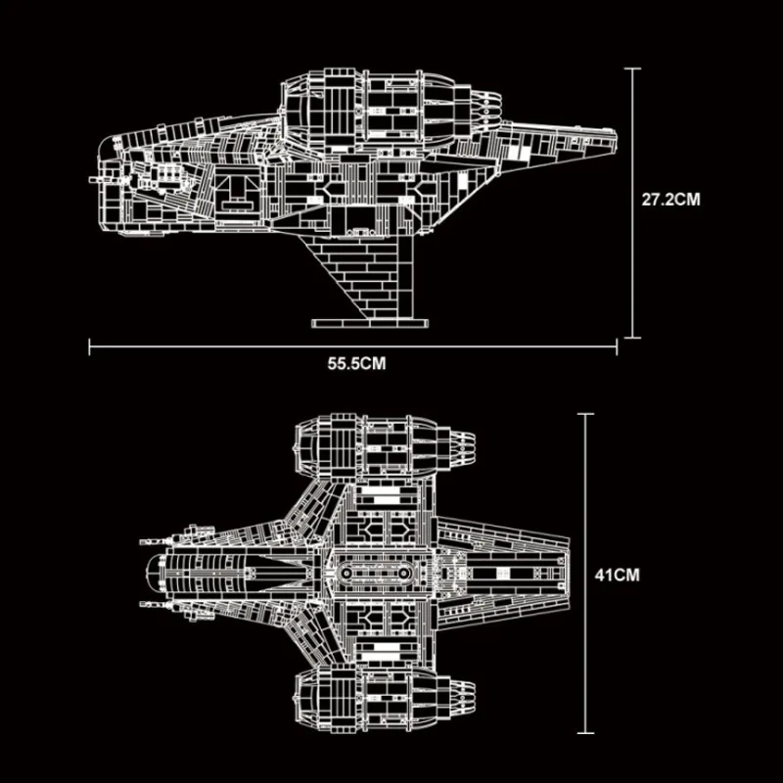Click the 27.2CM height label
click(x=670, y=198)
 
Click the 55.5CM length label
click(x=357, y=363)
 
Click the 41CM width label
click(x=617, y=576)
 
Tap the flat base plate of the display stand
click(x=369, y=321)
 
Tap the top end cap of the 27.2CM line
click(x=631, y=69)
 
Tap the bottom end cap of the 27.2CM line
click(x=631, y=338)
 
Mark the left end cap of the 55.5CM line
click(x=90, y=345)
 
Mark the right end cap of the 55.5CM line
click(x=617, y=345)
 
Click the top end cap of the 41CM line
click(x=585, y=414)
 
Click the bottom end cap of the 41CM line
click(x=585, y=732)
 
